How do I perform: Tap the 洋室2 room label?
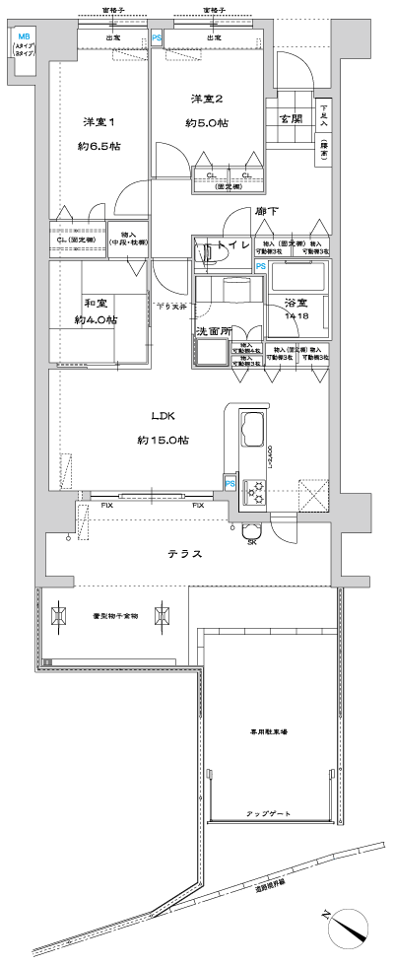[x=207, y=99]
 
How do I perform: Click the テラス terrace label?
[x=183, y=554]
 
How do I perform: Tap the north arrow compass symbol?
[x=349, y=927]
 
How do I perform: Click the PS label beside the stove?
[x=230, y=483]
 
